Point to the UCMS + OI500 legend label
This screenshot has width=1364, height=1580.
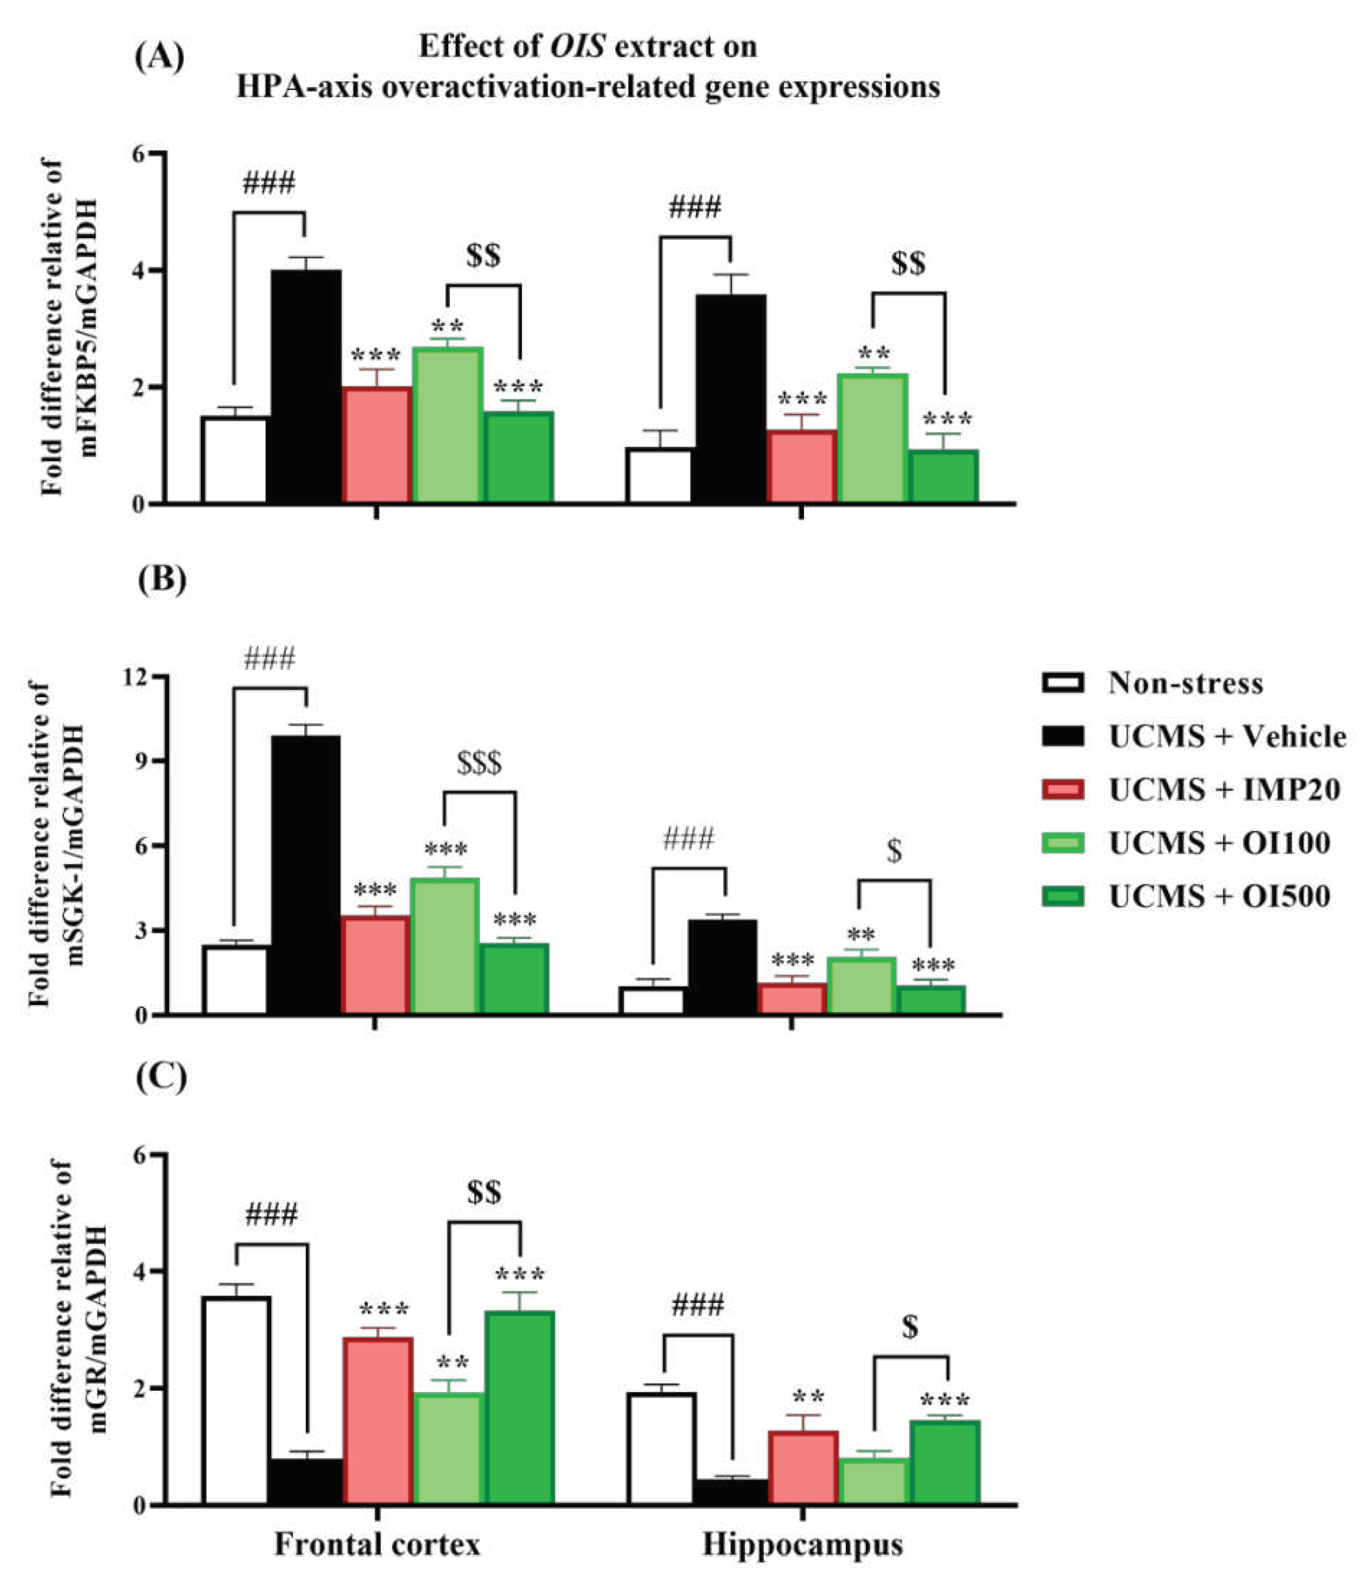[1219, 897]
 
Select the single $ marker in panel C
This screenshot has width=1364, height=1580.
[909, 1328]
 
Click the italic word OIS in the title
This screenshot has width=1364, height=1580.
[578, 47]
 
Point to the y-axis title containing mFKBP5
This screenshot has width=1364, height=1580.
[69, 328]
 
